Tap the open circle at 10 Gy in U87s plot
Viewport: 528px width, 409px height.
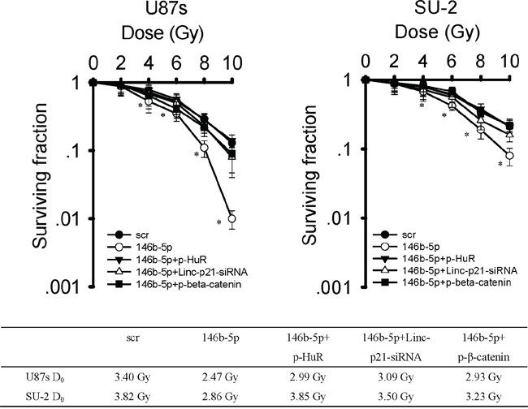[232, 218]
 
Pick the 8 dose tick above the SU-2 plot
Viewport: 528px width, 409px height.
[482, 62]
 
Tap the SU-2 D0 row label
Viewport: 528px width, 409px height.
[38, 394]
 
